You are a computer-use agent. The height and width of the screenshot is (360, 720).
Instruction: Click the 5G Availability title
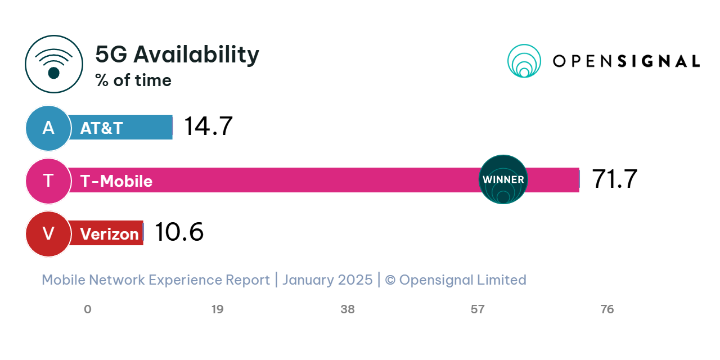pos(177,55)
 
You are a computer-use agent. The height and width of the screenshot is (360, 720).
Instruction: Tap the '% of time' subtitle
pos(133,80)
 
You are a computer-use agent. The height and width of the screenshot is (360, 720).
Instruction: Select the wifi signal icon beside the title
pos(54,64)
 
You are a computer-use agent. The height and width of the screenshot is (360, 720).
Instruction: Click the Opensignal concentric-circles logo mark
pos(524,61)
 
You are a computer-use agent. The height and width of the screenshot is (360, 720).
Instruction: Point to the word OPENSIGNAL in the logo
pos(626,61)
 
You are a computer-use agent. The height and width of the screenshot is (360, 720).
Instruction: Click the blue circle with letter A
pos(48,128)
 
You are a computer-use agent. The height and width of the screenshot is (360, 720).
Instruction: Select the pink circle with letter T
pos(48,181)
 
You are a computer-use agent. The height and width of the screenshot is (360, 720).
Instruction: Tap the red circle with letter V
pos(48,233)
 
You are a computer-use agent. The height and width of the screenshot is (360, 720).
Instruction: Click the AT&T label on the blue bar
pos(101,128)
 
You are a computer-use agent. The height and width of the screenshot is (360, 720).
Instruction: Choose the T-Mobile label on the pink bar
pos(116,181)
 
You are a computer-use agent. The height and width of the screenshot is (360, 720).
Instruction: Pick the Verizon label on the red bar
pos(109,233)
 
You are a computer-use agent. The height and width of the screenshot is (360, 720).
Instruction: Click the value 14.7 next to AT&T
pos(208,127)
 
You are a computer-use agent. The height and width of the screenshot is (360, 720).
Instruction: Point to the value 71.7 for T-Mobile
pos(614,179)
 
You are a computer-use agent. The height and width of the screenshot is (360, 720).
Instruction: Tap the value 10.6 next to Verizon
pos(179,232)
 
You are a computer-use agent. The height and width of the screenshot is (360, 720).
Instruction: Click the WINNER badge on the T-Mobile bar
pos(503,179)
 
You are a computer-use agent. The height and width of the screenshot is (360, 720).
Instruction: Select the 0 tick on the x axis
pos(87,309)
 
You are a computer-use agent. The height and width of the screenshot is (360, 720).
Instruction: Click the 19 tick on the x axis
pos(217,309)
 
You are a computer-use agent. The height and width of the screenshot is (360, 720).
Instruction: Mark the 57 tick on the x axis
pos(478,309)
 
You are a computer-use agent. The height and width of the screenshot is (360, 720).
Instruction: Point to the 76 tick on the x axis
pos(607,309)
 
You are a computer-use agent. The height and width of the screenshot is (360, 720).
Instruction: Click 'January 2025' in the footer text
pos(327,280)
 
